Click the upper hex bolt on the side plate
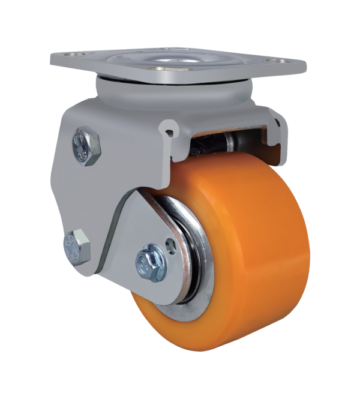pos(86,146)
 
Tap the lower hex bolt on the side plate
pos(77,245)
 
